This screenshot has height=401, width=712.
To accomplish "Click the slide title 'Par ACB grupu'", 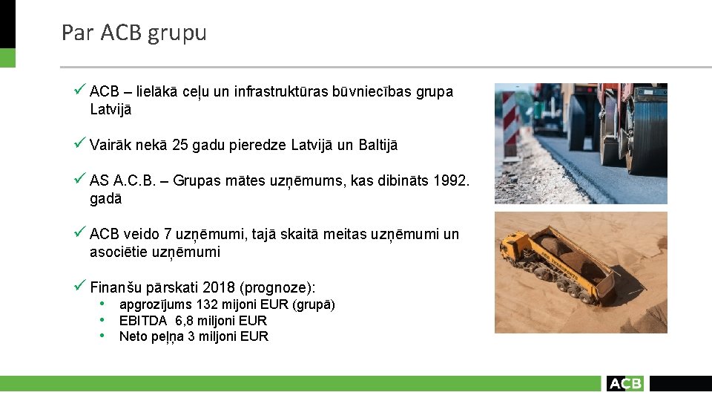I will (133, 33).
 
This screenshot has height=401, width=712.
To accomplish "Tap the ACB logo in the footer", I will (624, 383).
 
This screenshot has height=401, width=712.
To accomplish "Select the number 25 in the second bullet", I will (179, 145).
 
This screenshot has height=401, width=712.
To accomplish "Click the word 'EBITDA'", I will (143, 321).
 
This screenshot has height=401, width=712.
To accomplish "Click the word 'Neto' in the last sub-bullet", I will (133, 336).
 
